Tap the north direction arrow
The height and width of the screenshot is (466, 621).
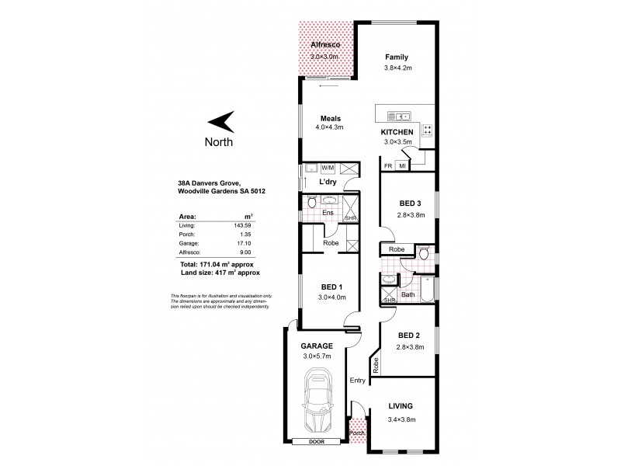[221, 121]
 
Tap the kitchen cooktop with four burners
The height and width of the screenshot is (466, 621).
[428, 130]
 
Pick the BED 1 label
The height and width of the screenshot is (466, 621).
[320, 287]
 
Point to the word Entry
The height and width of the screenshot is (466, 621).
[358, 380]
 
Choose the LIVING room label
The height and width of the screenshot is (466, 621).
[401, 406]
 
